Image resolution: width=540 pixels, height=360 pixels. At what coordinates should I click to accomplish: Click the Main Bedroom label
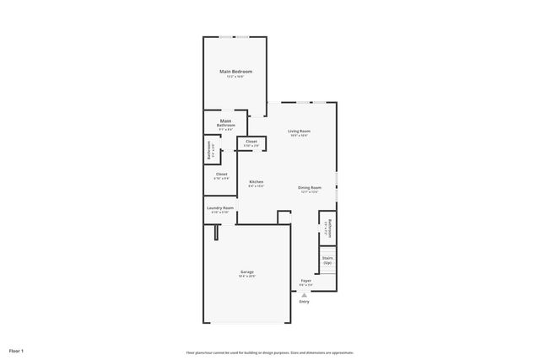(236, 72)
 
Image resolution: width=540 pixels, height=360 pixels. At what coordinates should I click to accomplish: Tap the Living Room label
(299, 131)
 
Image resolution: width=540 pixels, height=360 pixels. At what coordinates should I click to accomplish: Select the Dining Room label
(310, 187)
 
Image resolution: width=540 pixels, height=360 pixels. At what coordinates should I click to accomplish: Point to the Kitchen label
(256, 182)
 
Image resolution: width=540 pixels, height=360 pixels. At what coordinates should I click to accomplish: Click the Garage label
(247, 271)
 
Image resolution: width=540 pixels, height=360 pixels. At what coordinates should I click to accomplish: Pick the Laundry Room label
(219, 207)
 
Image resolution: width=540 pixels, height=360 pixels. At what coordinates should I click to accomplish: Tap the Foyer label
(305, 281)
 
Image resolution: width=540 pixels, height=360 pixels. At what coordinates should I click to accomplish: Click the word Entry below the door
(305, 301)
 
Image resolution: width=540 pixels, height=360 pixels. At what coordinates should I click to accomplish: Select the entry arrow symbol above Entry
(305, 293)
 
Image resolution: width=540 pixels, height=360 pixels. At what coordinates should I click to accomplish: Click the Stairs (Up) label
(327, 261)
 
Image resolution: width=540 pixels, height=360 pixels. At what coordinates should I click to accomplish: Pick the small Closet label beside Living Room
(251, 142)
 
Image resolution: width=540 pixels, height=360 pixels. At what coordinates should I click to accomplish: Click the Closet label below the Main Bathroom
(221, 174)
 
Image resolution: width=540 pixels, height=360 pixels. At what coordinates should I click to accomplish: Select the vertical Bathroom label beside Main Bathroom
(211, 151)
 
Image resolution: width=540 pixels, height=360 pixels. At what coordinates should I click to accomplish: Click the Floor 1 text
(17, 350)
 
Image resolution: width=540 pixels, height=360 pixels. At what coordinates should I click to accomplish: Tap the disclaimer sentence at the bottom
(269, 352)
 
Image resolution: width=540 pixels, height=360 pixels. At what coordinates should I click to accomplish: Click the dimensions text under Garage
(247, 277)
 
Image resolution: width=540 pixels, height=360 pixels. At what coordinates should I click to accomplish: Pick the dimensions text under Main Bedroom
(236, 77)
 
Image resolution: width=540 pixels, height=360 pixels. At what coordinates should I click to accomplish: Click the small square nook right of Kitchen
(284, 218)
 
